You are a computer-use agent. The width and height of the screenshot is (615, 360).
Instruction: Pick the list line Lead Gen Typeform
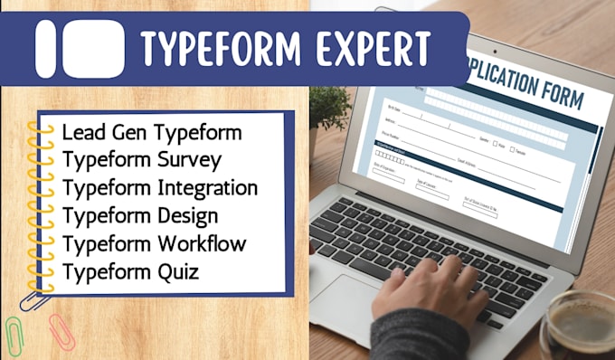click(152, 132)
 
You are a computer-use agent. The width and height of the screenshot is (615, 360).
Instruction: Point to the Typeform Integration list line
click(160, 188)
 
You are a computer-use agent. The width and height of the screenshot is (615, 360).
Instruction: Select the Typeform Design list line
click(140, 216)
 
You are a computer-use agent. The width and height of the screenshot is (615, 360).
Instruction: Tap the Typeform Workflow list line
click(155, 244)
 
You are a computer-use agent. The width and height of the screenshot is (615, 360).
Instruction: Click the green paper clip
click(15, 336)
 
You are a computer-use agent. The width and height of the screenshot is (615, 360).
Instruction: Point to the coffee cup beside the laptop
click(580, 326)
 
